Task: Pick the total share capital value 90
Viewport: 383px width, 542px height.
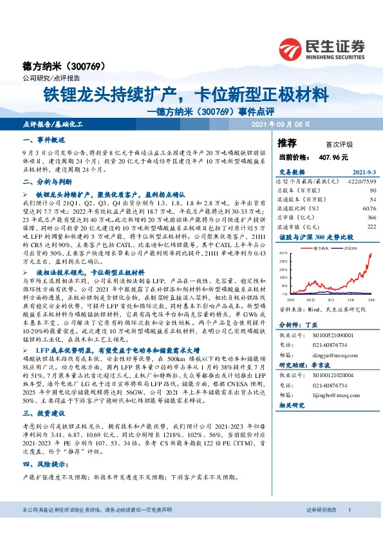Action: click(373, 191)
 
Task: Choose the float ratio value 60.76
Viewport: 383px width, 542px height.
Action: click(369, 209)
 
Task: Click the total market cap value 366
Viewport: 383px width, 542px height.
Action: click(371, 218)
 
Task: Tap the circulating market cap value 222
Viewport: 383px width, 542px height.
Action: click(371, 227)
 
